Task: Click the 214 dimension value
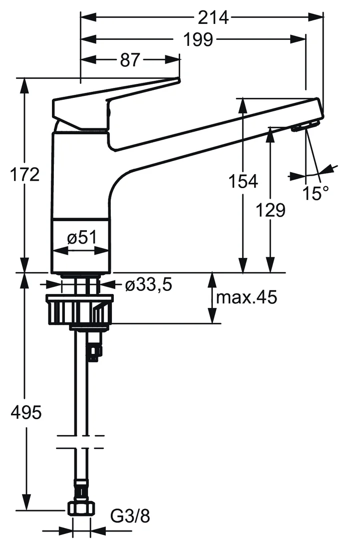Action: click(x=213, y=17)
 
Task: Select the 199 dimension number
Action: click(x=198, y=39)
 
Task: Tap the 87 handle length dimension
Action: click(x=130, y=60)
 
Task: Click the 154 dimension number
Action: click(x=243, y=181)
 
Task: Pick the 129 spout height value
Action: click(x=271, y=210)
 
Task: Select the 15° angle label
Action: click(x=316, y=193)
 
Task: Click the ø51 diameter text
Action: click(x=81, y=239)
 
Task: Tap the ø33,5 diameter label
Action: click(x=148, y=285)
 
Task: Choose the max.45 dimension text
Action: click(x=246, y=298)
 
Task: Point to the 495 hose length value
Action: click(x=26, y=413)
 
